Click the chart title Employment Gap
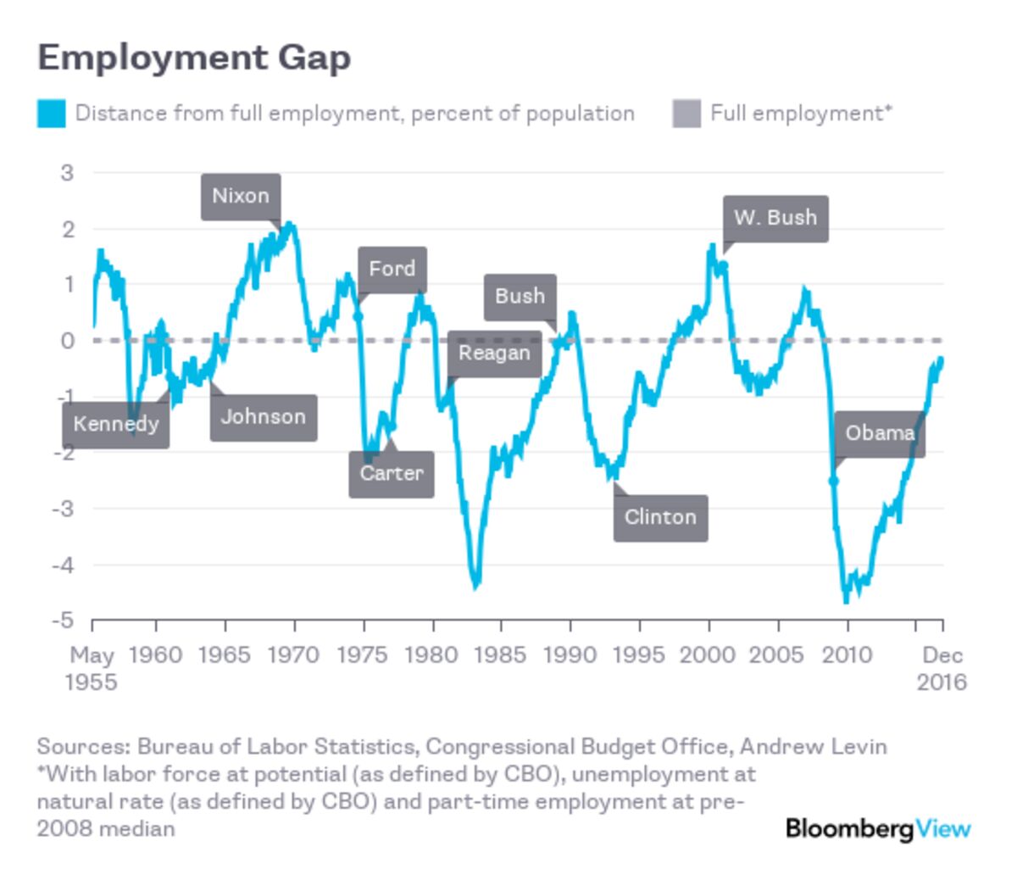(194, 58)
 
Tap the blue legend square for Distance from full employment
(51, 114)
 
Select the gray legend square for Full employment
(686, 114)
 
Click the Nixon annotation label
(241, 197)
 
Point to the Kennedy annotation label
(116, 424)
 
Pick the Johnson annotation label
(263, 417)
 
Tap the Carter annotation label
(391, 473)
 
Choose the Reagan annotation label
(494, 353)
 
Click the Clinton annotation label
(660, 517)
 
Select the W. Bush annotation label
(775, 218)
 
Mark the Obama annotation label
(880, 433)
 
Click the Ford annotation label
(392, 270)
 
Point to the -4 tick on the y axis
(64, 565)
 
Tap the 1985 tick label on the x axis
(500, 655)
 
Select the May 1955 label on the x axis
(92, 668)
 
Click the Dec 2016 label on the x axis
(942, 668)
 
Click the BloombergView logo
(878, 827)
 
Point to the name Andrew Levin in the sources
(813, 747)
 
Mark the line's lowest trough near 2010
(845, 600)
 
